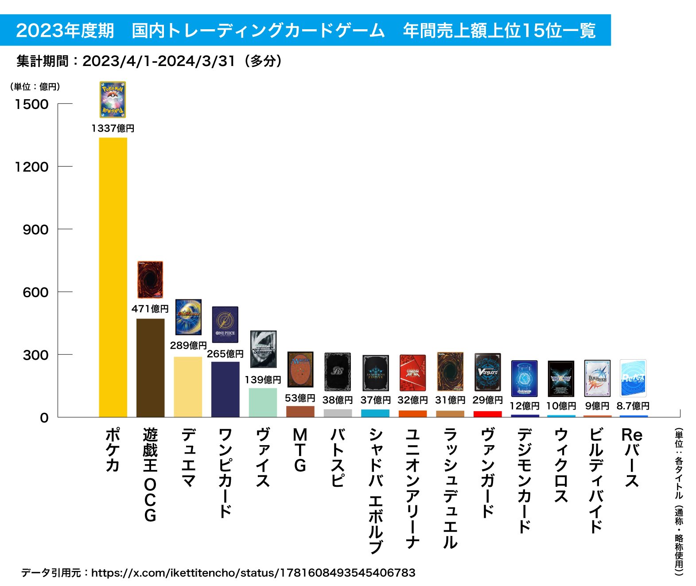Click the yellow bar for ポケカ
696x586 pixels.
(x=113, y=277)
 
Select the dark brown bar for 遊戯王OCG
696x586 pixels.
(x=150, y=368)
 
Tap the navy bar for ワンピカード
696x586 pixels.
(x=225, y=389)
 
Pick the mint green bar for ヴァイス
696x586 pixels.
(x=263, y=403)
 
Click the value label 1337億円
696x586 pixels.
(x=113, y=128)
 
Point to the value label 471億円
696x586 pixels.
(x=150, y=309)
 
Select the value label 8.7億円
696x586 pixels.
(x=633, y=406)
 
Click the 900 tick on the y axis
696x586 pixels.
(x=36, y=230)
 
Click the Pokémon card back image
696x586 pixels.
(x=113, y=100)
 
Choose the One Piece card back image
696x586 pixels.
(x=225, y=325)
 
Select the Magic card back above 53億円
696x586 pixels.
(x=300, y=370)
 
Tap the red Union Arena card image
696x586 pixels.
(x=412, y=373)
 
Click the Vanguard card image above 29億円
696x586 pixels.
(x=487, y=372)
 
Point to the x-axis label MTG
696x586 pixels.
(x=300, y=450)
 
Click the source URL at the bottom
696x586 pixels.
(x=253, y=573)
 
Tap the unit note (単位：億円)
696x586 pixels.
(x=35, y=87)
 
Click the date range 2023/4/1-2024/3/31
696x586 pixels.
(x=159, y=61)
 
